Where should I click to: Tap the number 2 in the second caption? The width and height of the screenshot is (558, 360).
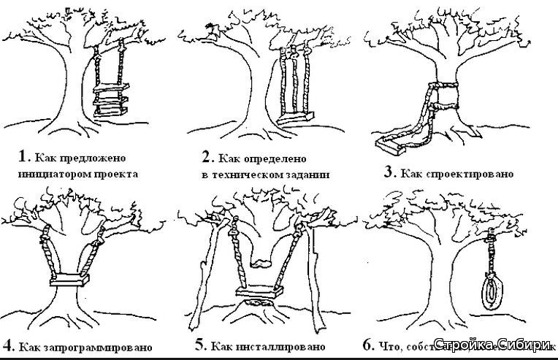206,157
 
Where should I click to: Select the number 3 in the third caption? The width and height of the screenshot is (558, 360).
389,173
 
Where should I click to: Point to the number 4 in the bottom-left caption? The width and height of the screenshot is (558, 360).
7,345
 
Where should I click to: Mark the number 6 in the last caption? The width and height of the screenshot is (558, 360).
368,344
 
